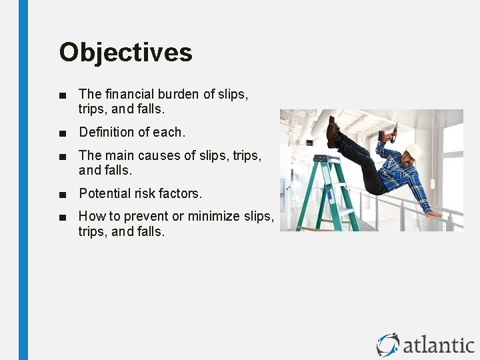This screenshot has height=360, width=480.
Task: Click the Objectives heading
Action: point(125,53)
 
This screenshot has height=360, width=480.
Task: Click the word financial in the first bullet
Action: point(129,95)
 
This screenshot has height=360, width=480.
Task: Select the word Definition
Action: point(105,132)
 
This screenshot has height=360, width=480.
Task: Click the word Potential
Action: point(103,193)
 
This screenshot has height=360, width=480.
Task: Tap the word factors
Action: point(179,193)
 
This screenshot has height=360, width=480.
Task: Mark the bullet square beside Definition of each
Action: point(63,133)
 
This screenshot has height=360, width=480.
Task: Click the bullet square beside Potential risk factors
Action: point(63,194)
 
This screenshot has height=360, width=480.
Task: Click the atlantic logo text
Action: point(438,345)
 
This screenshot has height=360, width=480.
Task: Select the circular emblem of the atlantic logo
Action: point(387,345)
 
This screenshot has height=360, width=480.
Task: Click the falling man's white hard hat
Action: point(415,152)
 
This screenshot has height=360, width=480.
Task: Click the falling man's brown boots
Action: point(333,133)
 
